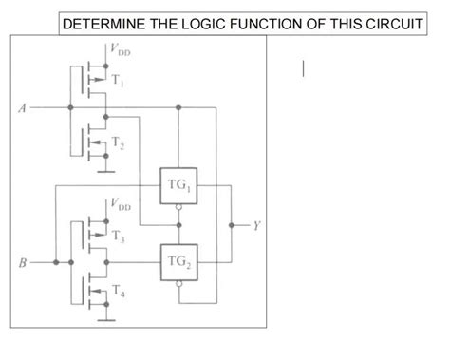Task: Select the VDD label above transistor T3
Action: (x=121, y=204)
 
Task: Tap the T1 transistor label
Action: (x=118, y=81)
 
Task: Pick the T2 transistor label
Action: (x=118, y=142)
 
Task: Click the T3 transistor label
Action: (x=118, y=235)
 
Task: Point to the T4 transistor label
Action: (x=118, y=295)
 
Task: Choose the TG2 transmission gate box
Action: (x=178, y=262)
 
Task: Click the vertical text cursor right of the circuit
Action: (x=305, y=67)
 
